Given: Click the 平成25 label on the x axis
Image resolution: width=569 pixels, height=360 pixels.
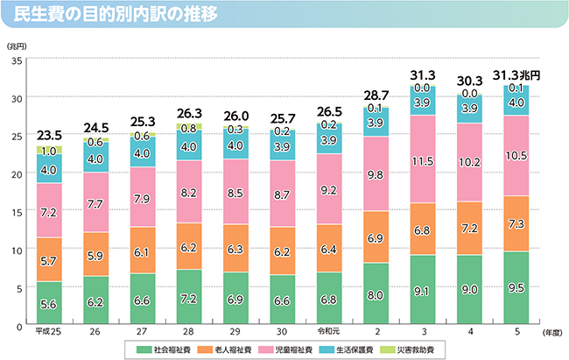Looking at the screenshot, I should coord(49,333).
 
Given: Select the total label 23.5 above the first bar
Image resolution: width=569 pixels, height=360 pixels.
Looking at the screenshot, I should coord(49,136).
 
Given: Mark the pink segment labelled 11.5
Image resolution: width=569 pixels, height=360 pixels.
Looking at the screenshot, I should coord(422,161).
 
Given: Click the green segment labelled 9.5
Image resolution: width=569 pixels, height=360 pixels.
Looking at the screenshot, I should coord(516,288).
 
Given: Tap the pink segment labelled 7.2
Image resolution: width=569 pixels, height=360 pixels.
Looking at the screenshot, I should coord(49,211).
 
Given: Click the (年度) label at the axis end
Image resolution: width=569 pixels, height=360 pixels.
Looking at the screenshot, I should coord(550,334).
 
